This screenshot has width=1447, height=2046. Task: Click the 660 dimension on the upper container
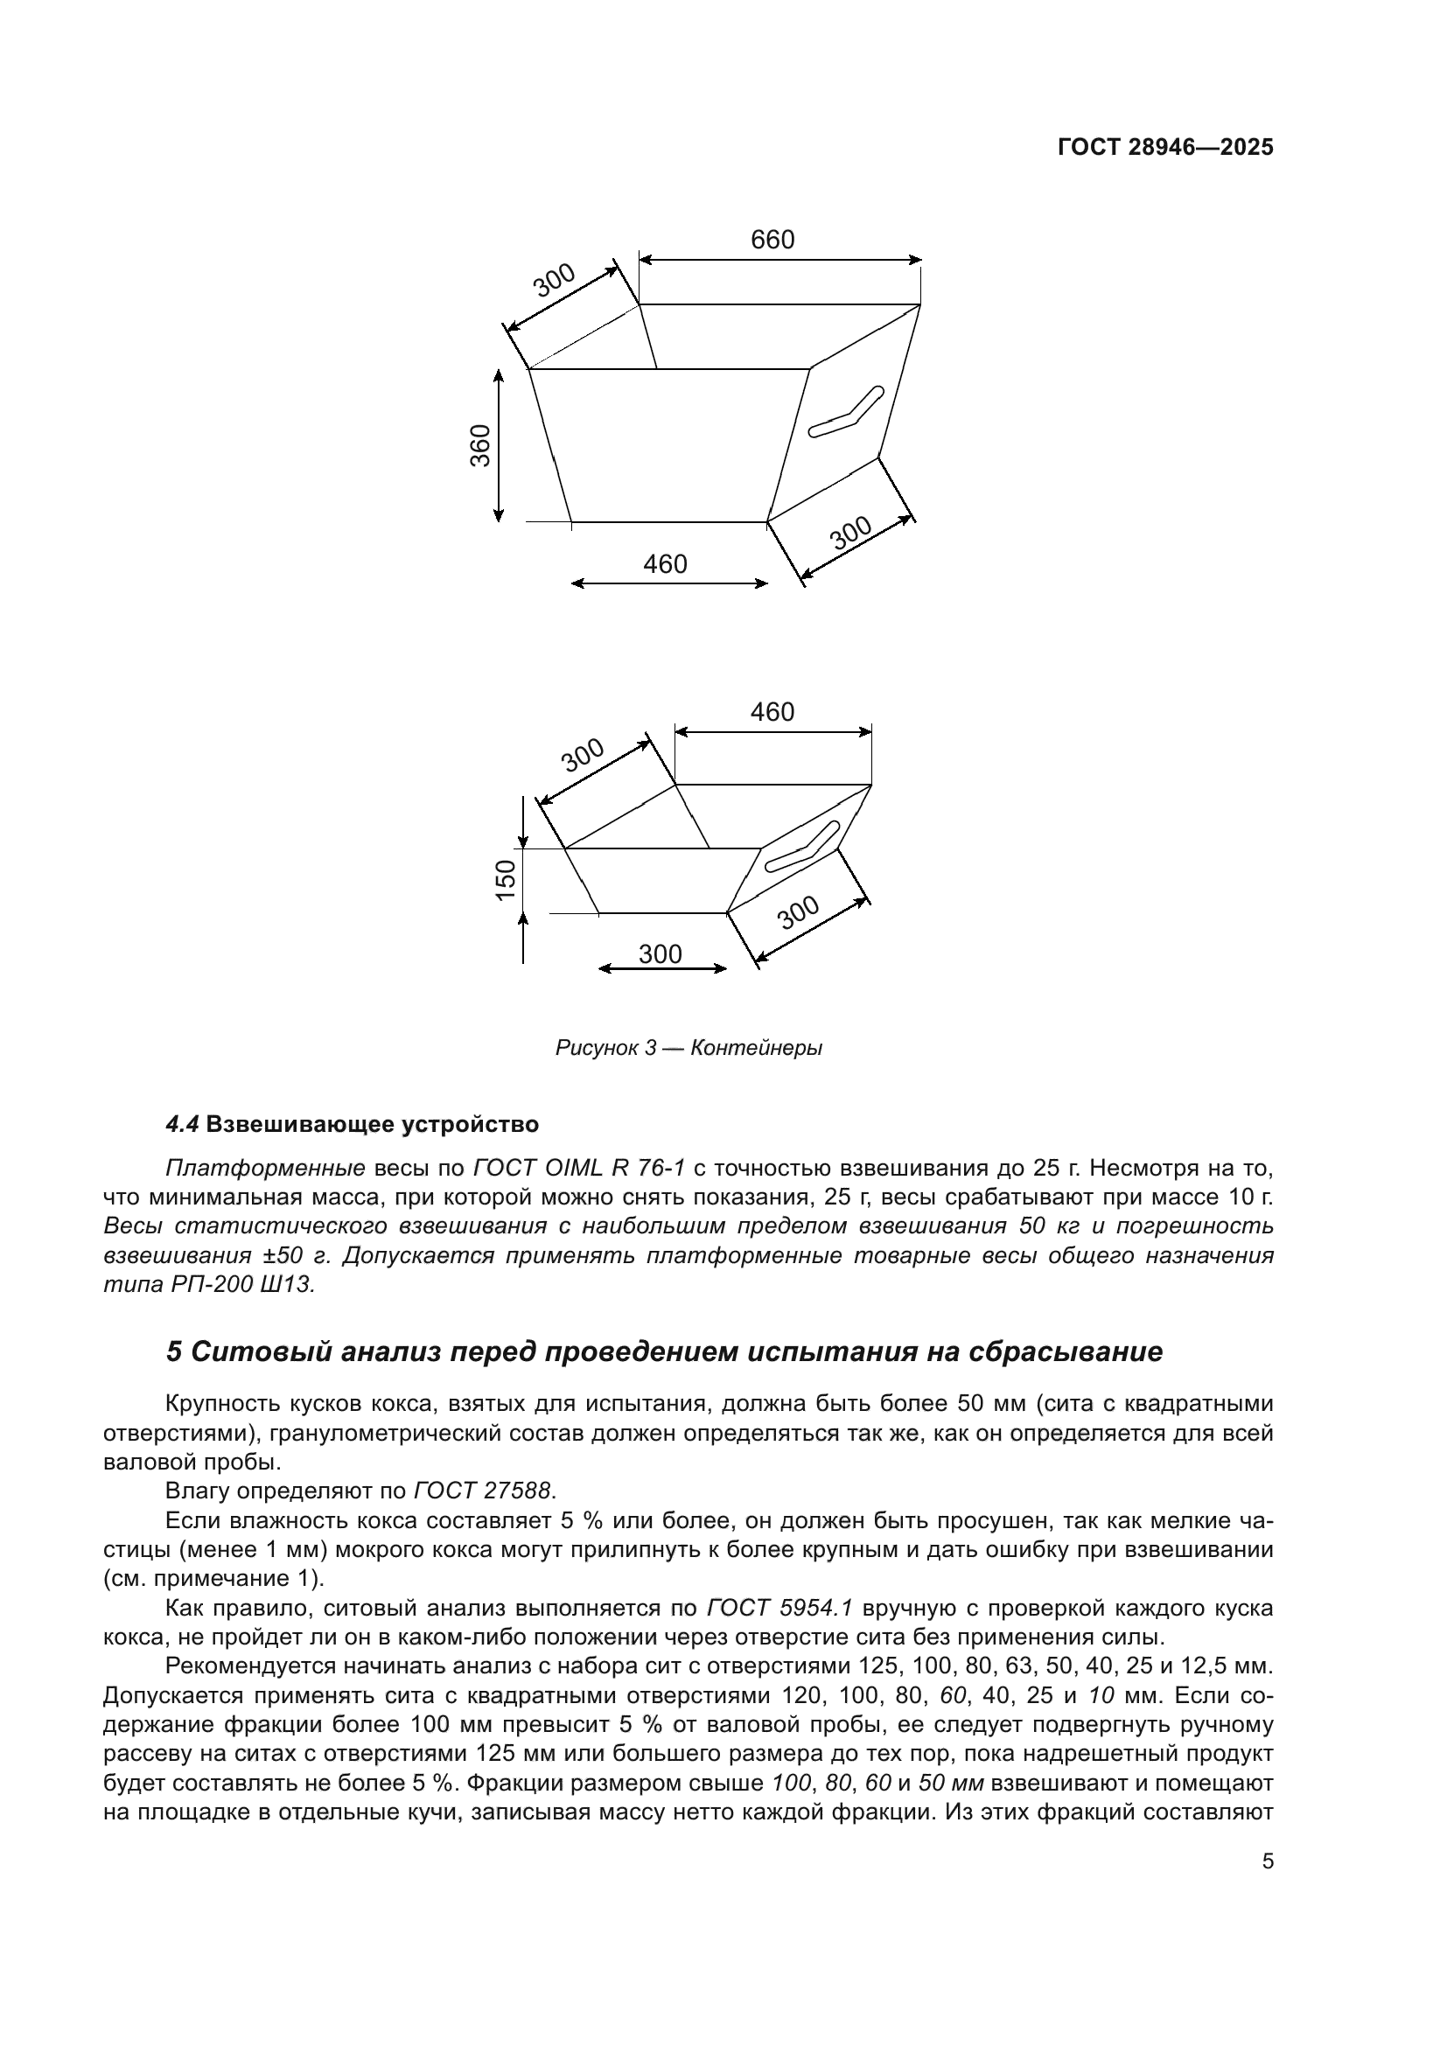[772, 240]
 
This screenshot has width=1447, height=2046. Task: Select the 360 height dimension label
[481, 444]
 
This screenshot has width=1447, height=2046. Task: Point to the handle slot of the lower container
[802, 847]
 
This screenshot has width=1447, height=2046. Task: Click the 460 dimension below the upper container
[666, 564]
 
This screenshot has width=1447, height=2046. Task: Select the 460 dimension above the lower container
[772, 712]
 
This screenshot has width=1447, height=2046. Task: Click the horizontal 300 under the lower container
[661, 954]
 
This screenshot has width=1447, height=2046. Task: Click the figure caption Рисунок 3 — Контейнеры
[688, 1048]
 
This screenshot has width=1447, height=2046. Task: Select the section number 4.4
[183, 1125]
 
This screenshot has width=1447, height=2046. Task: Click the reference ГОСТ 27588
[483, 1491]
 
